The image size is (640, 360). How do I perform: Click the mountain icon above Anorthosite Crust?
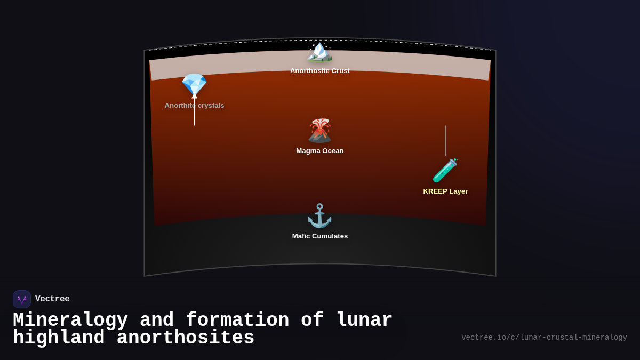coord(319,52)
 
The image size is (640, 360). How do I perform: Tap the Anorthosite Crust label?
coord(320,71)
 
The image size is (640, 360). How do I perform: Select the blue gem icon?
coord(194,84)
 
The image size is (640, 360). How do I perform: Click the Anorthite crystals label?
coord(194,106)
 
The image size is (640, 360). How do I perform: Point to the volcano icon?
coord(319,131)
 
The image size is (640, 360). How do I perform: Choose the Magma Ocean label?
coord(320,151)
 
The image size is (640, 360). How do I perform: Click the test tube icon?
coord(445,171)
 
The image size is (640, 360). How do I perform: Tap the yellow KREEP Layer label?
coord(445,191)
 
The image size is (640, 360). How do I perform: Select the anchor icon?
coord(319,216)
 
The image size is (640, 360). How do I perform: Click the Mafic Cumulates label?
coord(320,236)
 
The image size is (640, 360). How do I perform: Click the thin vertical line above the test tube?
coord(445,140)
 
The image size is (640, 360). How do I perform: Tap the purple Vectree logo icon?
coord(22,299)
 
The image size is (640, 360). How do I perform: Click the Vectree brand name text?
coord(52,299)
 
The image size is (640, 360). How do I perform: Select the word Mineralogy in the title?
coord(70,321)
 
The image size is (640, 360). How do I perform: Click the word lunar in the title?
coord(364,321)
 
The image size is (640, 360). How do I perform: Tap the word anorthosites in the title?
coord(186,338)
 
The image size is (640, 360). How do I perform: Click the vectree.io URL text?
coord(544,338)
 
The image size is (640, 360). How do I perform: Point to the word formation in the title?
coord(238,321)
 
